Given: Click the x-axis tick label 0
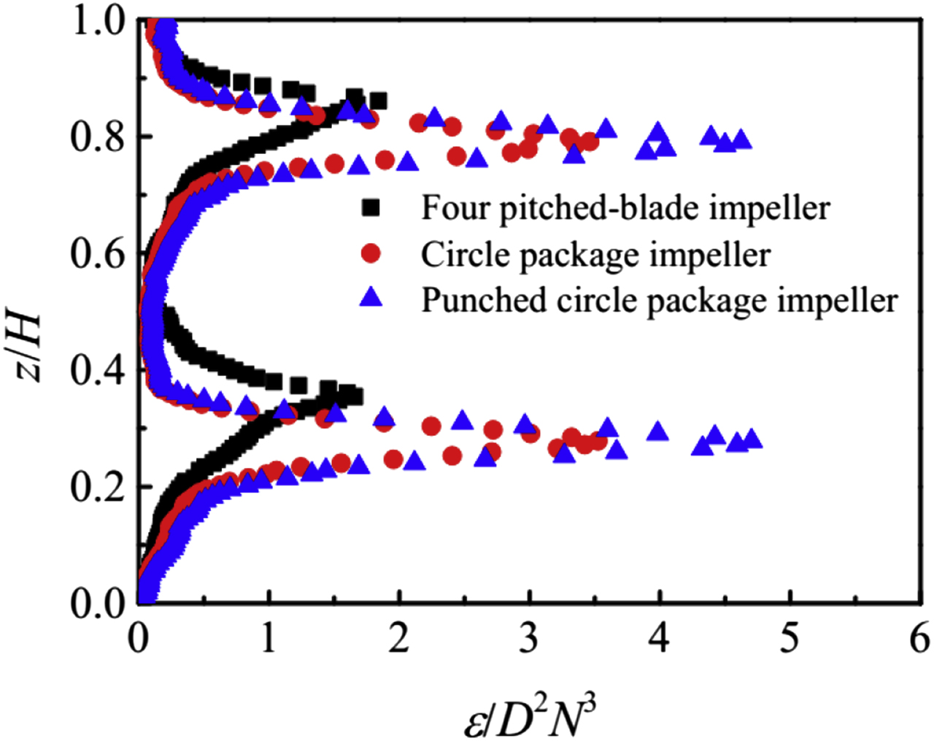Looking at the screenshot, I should coord(139,640).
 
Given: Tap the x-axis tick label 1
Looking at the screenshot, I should coord(269,640).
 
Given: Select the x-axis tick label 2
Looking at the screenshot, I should coord(398,640).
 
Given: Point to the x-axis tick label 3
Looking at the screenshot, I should coord(529,640).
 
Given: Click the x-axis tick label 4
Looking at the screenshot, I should coord(659,640).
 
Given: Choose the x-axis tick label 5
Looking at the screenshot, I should coord(790,640).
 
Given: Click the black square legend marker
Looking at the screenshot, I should coord(371,208).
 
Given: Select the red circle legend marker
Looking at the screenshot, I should coord(371,253).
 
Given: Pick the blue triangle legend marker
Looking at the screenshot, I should coord(371,297).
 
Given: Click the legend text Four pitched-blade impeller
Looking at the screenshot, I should coord(625,209).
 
